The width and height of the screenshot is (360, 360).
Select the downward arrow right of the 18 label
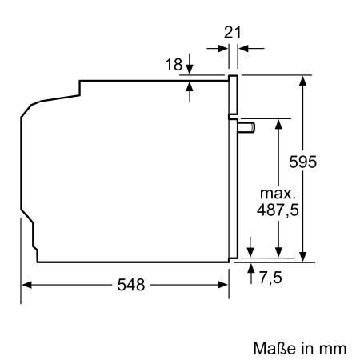(190, 61)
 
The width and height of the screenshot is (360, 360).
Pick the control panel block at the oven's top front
(234, 96)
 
